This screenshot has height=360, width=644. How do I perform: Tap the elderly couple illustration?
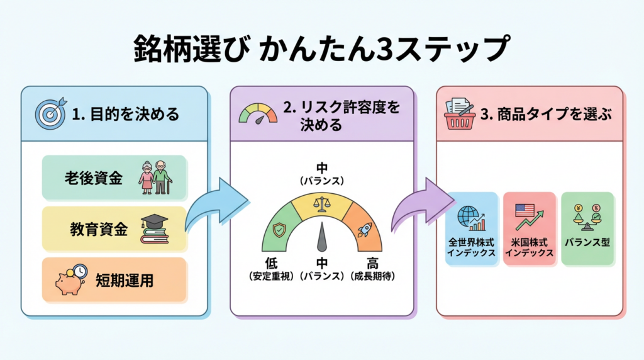[x=154, y=177]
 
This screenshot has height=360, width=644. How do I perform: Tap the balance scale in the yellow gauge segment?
[x=321, y=203]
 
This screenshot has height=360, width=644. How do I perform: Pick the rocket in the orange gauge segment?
[x=364, y=230]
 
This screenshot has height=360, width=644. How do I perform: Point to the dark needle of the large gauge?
[x=322, y=237]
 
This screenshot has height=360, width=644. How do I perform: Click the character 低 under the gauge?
[x=271, y=263]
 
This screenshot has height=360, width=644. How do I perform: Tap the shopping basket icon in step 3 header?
[x=460, y=113]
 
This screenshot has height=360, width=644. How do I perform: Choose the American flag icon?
[x=525, y=210]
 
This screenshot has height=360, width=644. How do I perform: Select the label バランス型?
[x=587, y=242]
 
